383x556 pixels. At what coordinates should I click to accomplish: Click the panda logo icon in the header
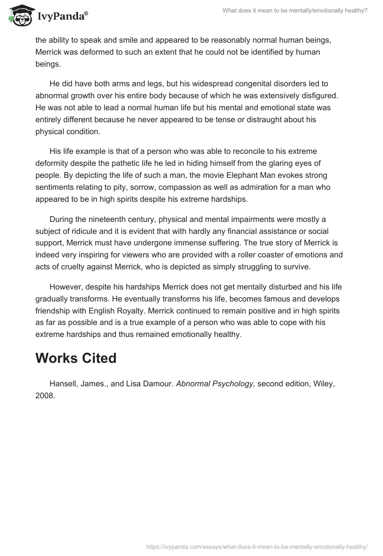19,16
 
